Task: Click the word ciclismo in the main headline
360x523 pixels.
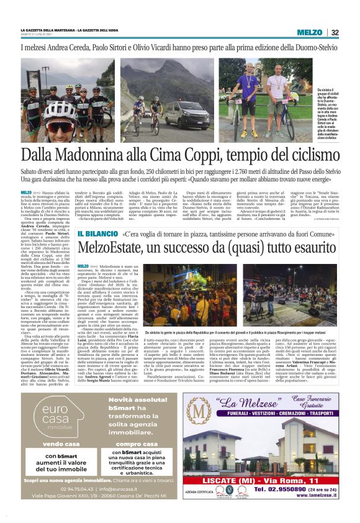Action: [x=311, y=155]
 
